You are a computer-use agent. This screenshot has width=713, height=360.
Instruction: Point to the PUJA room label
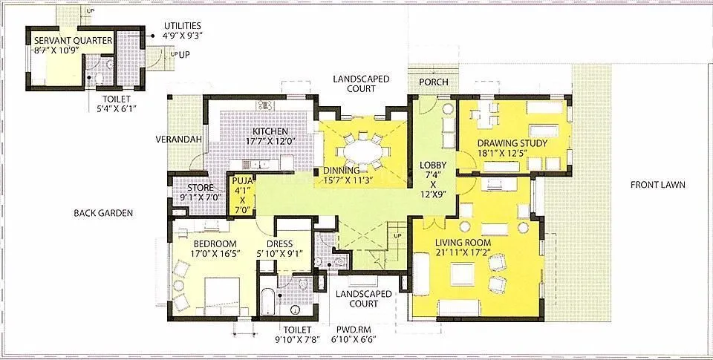pos(241,180)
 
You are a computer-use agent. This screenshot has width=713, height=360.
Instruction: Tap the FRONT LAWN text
pos(657,185)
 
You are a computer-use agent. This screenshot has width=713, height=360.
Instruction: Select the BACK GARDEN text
pos(103,213)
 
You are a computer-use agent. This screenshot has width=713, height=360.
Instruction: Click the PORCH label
pos(433,82)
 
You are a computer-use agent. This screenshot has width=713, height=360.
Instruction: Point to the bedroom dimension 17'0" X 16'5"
pos(215,254)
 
